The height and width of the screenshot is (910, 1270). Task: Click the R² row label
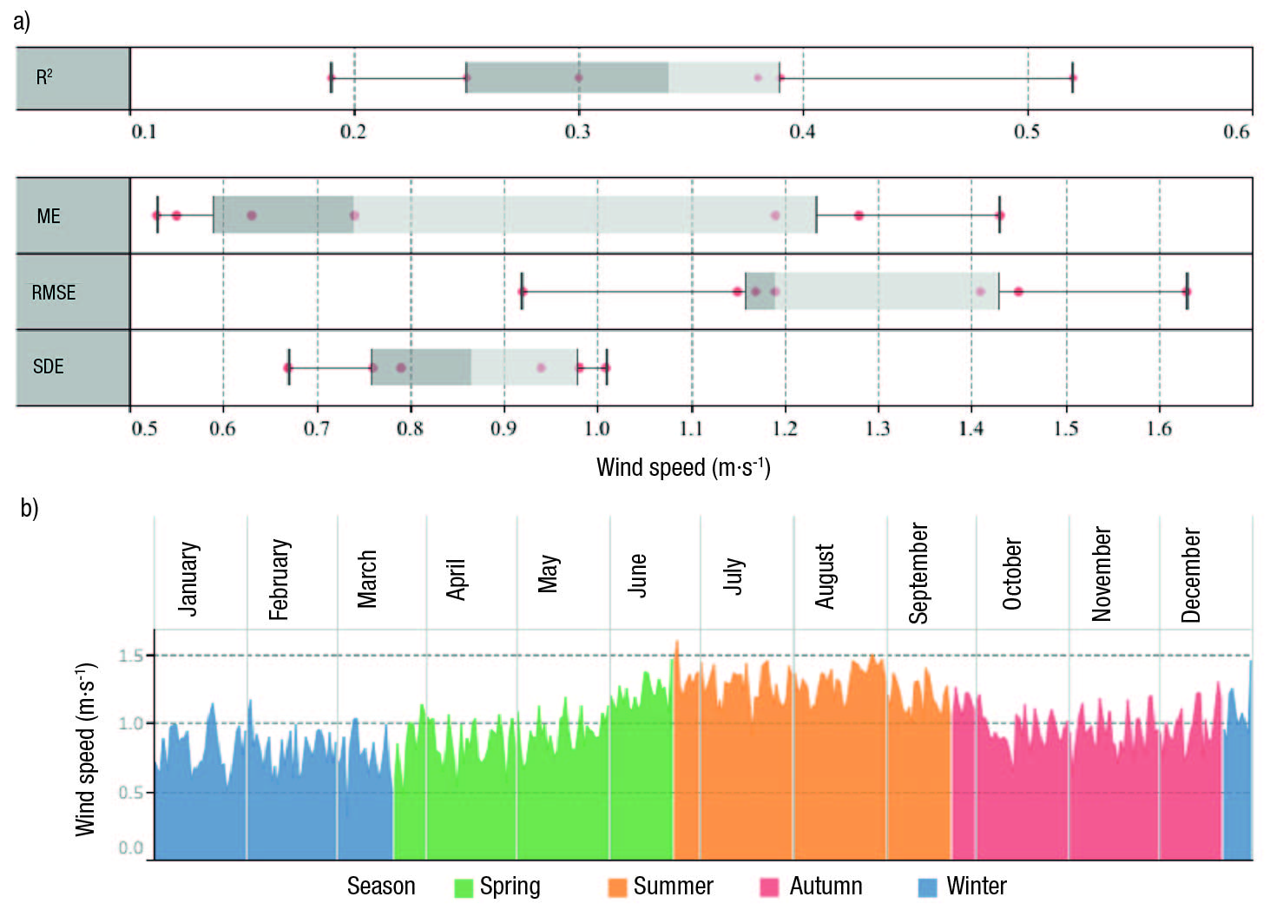44,77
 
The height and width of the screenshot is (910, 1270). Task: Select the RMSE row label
54,293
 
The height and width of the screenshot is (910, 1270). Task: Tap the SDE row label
49,366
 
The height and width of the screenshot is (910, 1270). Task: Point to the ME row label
49,216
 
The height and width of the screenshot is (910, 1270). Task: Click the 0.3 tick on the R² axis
577,131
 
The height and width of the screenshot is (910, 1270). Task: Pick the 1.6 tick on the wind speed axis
1159,428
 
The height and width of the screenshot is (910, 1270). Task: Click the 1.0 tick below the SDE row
596,428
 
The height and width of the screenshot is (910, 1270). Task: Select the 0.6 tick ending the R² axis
1236,131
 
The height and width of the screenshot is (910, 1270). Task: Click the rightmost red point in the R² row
1073,78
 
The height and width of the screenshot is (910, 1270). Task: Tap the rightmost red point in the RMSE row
1187,292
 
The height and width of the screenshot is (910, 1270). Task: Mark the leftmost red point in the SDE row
288,368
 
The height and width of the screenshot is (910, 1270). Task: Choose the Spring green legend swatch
464,887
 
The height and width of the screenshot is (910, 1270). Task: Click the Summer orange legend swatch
617,887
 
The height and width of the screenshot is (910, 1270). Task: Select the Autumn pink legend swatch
769,887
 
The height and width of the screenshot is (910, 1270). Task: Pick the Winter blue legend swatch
927,887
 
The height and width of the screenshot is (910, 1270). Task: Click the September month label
918,573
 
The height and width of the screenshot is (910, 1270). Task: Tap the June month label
638,575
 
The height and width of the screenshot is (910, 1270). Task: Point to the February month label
279,579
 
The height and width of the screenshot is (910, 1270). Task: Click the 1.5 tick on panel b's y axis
131,656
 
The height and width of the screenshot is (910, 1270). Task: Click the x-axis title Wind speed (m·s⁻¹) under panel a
683,468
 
